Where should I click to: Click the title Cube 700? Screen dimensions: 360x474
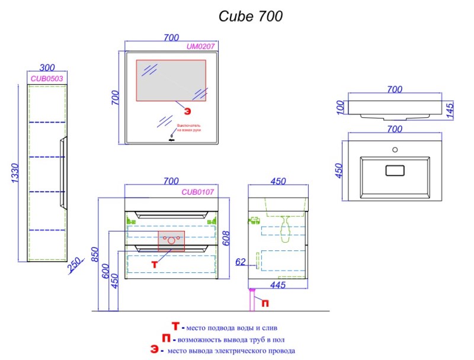[251, 16]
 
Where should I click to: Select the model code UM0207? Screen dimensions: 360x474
[200, 46]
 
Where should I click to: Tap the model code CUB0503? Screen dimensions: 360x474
[47, 78]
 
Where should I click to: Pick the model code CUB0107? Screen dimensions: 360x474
[197, 192]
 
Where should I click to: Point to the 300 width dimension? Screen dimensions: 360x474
[47, 68]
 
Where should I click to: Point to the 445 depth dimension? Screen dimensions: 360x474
[278, 285]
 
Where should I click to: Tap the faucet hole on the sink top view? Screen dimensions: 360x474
[395, 149]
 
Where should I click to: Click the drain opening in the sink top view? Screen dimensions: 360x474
[395, 171]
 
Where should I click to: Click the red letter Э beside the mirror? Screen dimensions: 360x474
[187, 111]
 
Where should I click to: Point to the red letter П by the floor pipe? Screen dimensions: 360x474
[265, 304]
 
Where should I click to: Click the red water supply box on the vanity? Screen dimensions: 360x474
[171, 240]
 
